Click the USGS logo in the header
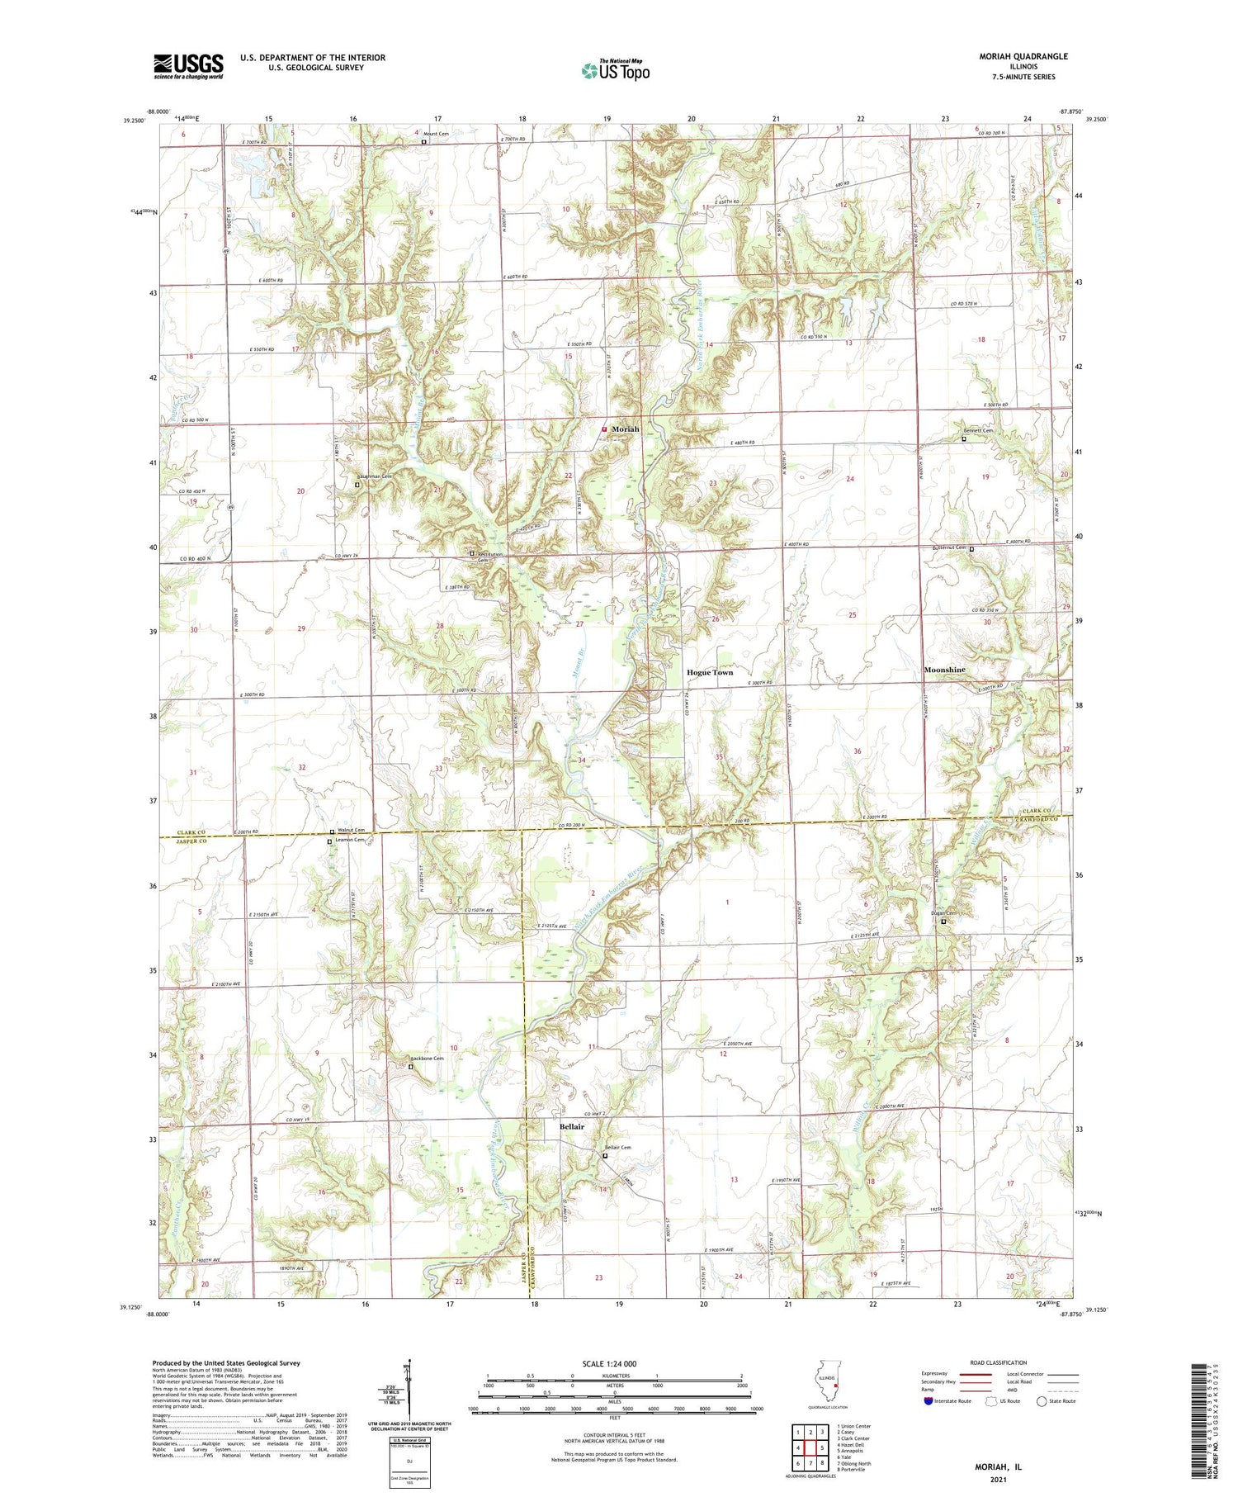pos(188,66)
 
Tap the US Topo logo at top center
pos(615,70)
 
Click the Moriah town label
pos(625,429)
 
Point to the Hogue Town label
pos(710,673)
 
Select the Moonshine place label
pos(944,670)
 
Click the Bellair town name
pos(571,1127)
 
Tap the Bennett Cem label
pos(978,431)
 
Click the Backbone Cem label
pos(428,1059)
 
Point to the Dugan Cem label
pos(943,912)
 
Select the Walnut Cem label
pos(351,831)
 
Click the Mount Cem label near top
pos(436,134)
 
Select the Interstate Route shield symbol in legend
pos(928,1401)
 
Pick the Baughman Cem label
pos(374,476)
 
